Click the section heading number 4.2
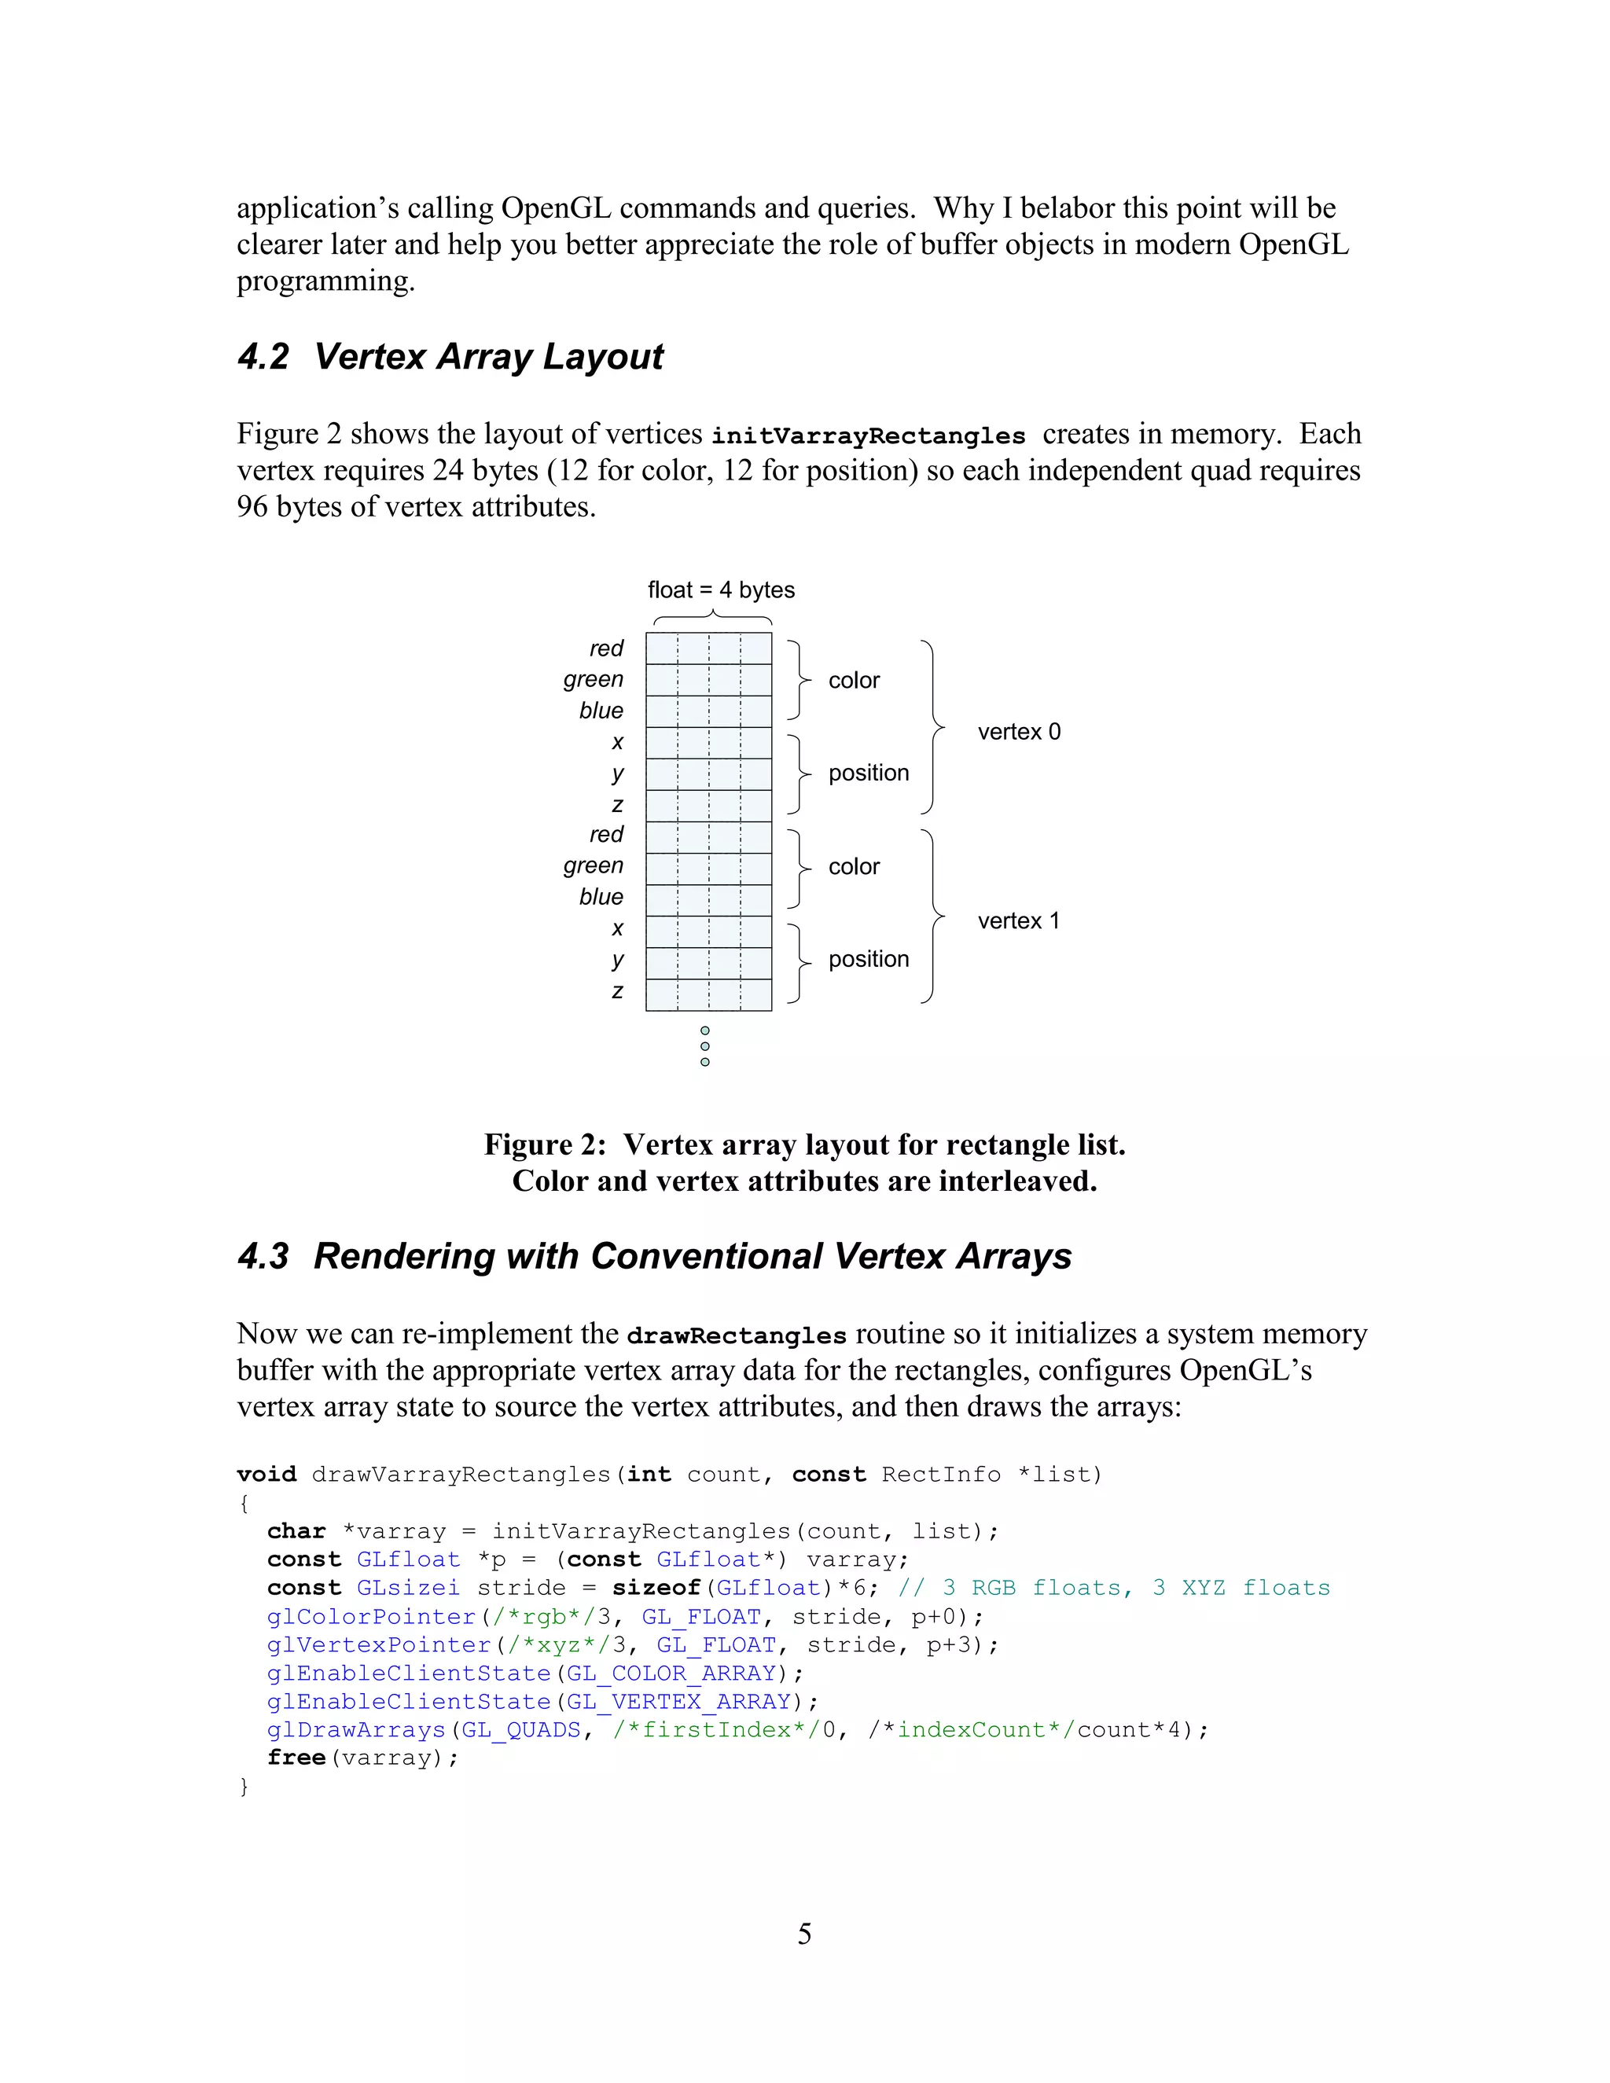tap(263, 357)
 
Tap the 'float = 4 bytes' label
tap(720, 590)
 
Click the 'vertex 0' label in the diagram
tap(1019, 732)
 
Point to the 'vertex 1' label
tap(1018, 920)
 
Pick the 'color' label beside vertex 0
tap(854, 680)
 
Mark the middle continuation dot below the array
tap(705, 1046)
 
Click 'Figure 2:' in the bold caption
tap(545, 1144)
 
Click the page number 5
tap(804, 1934)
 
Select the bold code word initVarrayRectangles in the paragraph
tap(868, 436)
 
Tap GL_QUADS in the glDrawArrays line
tap(520, 1730)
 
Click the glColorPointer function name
tap(371, 1617)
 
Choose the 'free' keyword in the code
tap(296, 1758)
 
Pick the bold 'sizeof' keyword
tap(656, 1588)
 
